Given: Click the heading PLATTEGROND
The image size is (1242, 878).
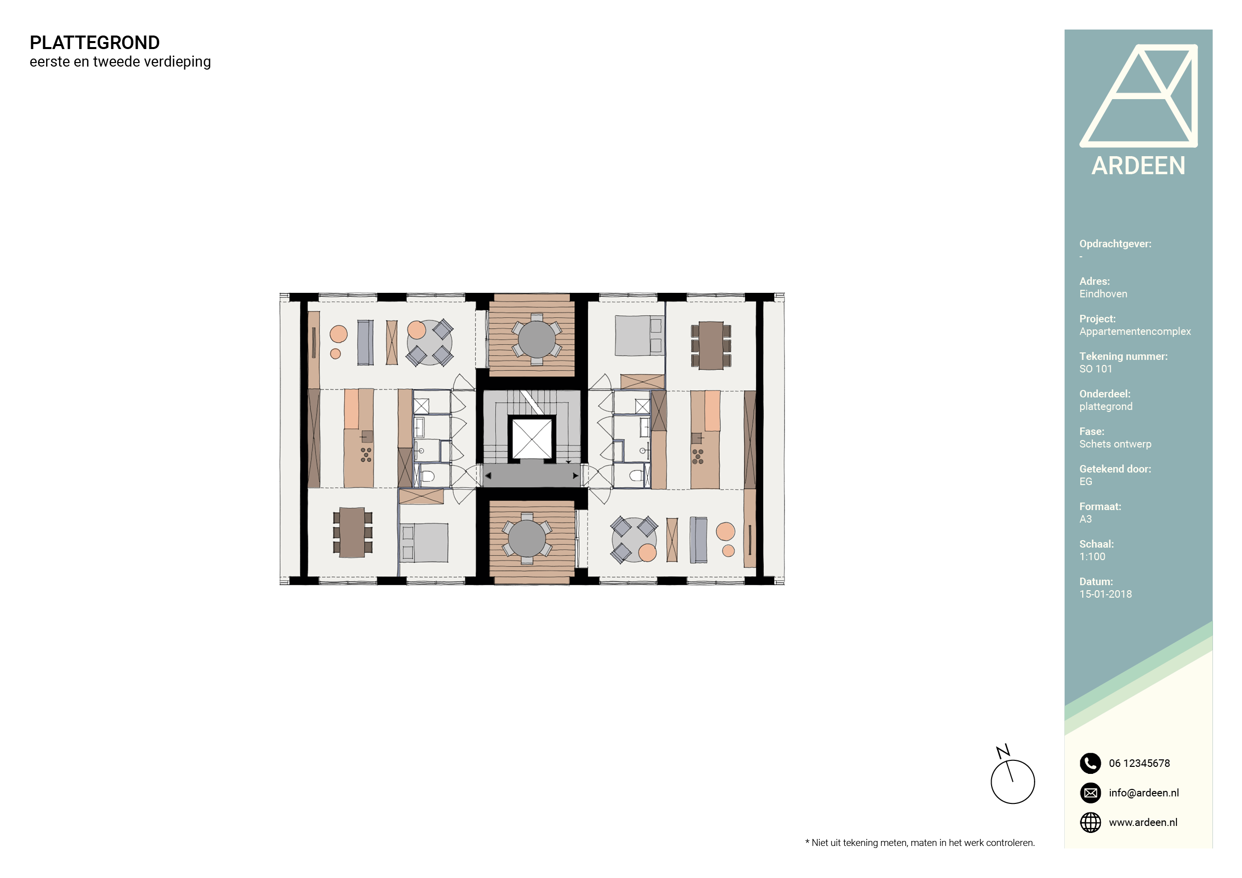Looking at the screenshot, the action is coord(95,43).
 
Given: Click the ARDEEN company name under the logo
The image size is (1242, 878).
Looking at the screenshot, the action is coord(1138,165).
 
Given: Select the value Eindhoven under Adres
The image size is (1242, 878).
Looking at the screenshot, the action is coord(1103,293).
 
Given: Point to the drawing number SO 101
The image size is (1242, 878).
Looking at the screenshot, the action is coord(1095,369).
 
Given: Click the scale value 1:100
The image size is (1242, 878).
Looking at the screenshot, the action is coord(1092,556).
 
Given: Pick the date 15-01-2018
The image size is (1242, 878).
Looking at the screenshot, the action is coord(1105,594).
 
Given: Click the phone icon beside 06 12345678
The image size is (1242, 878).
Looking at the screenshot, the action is coord(1090,763).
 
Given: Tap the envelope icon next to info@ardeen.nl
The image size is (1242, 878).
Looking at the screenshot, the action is coord(1090,792).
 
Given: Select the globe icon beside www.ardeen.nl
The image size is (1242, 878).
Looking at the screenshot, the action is coord(1090,822).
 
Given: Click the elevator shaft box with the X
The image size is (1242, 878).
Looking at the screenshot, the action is coord(532,438).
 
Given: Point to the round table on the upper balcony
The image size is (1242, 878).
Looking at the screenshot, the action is coord(536,339).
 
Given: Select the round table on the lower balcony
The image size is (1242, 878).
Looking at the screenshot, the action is coord(527,539).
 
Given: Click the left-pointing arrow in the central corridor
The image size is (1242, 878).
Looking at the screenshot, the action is coord(488,476).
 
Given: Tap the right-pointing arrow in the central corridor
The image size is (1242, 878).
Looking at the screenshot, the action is coord(575,476).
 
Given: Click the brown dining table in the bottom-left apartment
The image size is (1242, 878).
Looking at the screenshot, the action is coord(352,533).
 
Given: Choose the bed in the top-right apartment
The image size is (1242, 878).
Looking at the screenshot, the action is coord(639,336).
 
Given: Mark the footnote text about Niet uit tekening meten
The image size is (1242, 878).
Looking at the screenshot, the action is coord(919,842).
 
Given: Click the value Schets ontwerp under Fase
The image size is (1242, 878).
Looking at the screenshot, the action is coord(1115,444).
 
